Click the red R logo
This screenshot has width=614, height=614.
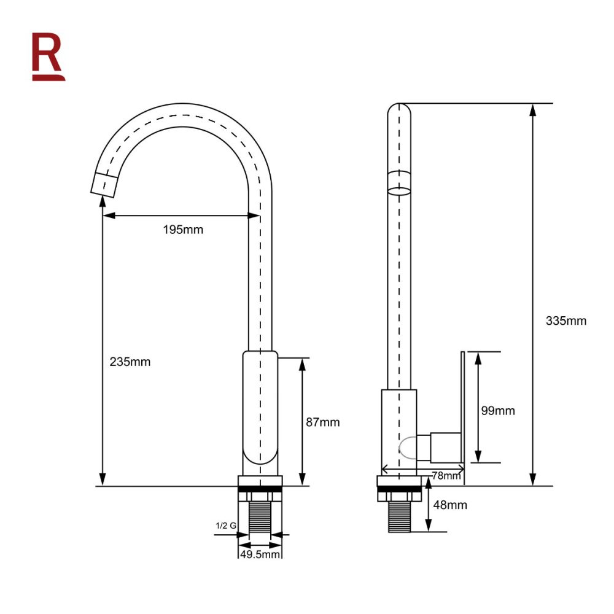[x=48, y=56]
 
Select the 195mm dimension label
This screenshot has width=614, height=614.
[x=183, y=230]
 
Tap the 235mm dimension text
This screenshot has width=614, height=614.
[x=130, y=362]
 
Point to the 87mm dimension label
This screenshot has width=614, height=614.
[x=323, y=422]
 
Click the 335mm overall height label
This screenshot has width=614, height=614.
[x=566, y=321]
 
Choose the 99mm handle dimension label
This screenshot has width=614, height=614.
[x=498, y=410]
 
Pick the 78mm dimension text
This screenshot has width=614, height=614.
[x=446, y=475]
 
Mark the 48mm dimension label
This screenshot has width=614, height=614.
[x=450, y=505]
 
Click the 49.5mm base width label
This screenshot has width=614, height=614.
[x=260, y=554]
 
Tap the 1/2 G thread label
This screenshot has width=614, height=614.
[x=226, y=526]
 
